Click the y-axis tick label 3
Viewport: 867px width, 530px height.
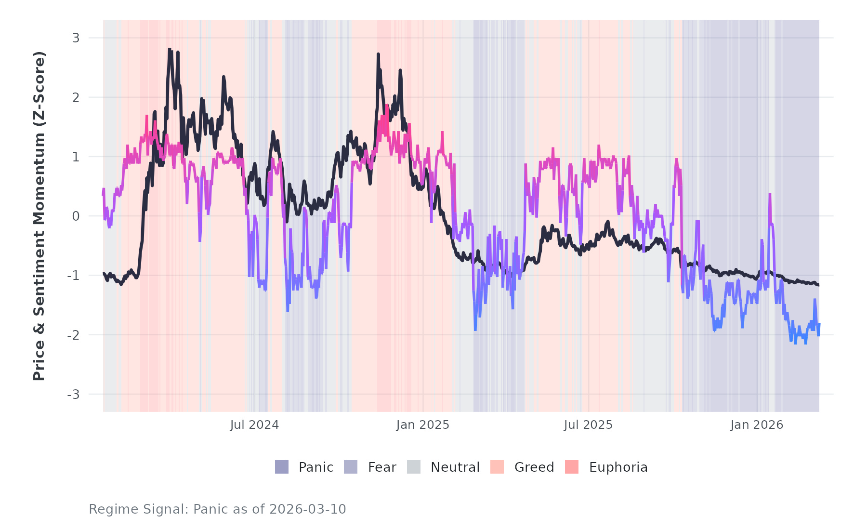pyautogui.click(x=76, y=38)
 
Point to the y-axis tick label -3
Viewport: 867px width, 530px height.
pyautogui.click(x=73, y=395)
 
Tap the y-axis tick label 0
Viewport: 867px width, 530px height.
pyautogui.click(x=76, y=216)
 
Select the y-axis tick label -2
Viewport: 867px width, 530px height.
pyautogui.click(x=73, y=335)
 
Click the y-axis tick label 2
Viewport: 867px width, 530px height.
pyautogui.click(x=76, y=97)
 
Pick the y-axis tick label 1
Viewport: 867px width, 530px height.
pyautogui.click(x=76, y=157)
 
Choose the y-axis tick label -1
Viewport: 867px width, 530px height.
pyautogui.click(x=73, y=276)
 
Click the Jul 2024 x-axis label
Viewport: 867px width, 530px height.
pyautogui.click(x=254, y=425)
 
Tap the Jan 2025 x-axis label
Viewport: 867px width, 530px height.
pyautogui.click(x=422, y=425)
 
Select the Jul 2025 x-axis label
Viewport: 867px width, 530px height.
pyautogui.click(x=588, y=425)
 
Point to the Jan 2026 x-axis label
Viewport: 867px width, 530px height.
pyautogui.click(x=757, y=425)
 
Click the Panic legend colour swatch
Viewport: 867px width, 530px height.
pyautogui.click(x=282, y=467)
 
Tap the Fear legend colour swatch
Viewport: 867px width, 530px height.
pyautogui.click(x=351, y=467)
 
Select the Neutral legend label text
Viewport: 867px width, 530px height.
pyautogui.click(x=455, y=467)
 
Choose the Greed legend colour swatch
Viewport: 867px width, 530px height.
pyautogui.click(x=497, y=467)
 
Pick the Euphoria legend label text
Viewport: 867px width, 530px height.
pyautogui.click(x=618, y=467)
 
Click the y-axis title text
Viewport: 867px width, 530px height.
pyautogui.click(x=39, y=216)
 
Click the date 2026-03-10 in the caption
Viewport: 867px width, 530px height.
pyautogui.click(x=307, y=509)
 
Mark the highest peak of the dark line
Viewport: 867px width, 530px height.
pyautogui.click(x=169, y=49)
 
